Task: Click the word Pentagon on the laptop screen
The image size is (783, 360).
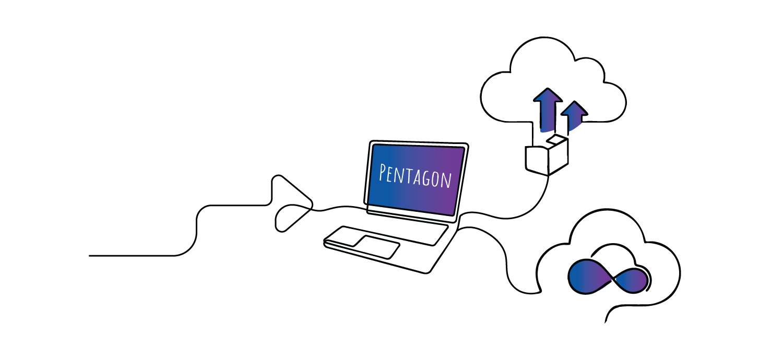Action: [415, 175]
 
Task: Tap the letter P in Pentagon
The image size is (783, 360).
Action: [384, 172]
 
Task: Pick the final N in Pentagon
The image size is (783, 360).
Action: [446, 181]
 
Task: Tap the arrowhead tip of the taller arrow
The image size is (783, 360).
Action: [547, 91]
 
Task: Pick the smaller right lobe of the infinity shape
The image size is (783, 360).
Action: [633, 281]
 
